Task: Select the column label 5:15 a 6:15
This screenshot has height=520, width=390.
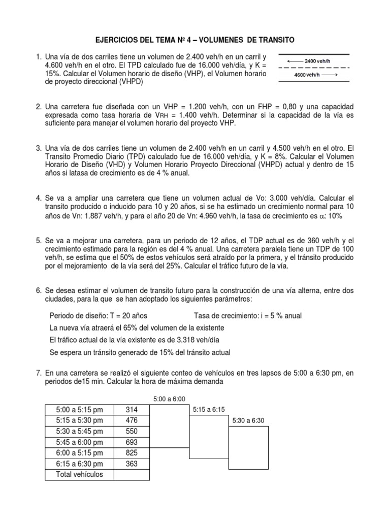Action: pyautogui.click(x=209, y=410)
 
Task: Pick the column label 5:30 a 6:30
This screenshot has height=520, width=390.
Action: pyautogui.click(x=249, y=420)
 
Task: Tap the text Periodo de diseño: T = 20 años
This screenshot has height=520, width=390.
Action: pyautogui.click(x=100, y=315)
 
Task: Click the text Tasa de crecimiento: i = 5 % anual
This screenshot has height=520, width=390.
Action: pyautogui.click(x=248, y=315)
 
